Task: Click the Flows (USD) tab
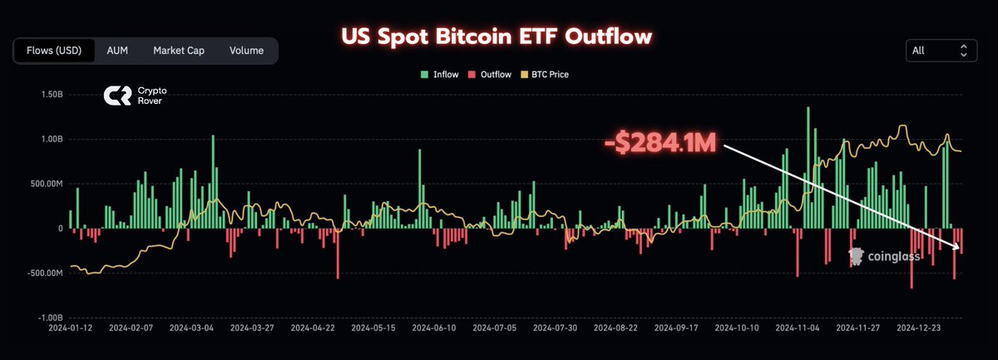[54, 51]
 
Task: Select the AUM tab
[117, 51]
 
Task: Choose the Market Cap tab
[178, 51]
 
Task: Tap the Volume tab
[246, 51]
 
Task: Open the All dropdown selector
[941, 51]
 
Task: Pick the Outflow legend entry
[492, 75]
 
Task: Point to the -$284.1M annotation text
[660, 142]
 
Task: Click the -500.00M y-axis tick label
[47, 274]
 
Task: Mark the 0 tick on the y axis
[59, 229]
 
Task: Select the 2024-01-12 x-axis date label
[72, 328]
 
